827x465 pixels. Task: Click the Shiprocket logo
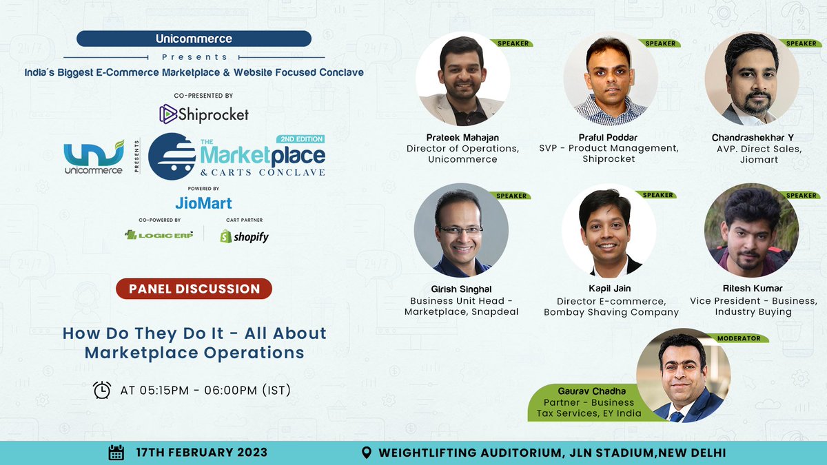[203, 114]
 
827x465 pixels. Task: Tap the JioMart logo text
[203, 203]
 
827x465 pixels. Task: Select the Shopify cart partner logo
[244, 236]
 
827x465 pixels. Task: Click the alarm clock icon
[102, 390]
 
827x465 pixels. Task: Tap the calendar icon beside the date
[116, 453]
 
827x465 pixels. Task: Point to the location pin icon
[368, 453]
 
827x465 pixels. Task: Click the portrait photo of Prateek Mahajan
[462, 79]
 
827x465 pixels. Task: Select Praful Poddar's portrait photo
[610, 79]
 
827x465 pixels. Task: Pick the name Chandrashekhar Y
[753, 138]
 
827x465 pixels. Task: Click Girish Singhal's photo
[461, 231]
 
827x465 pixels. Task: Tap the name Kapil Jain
[610, 288]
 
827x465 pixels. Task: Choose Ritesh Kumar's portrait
[752, 231]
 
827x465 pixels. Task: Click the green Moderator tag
[739, 338]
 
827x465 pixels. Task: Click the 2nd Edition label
[301, 139]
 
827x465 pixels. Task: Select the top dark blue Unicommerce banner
[194, 39]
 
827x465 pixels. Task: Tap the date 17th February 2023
[201, 453]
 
